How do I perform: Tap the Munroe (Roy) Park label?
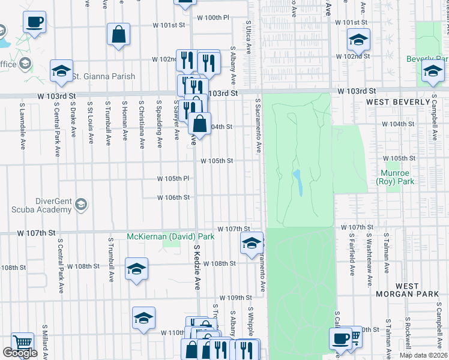coord(397,177)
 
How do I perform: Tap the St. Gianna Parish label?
coord(103,76)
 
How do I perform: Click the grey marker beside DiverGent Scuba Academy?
coord(80,206)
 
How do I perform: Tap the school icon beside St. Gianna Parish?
coord(61,70)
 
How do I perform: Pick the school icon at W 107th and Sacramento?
coord(252,242)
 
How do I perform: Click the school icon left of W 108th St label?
coord(137,268)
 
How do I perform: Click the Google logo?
coord(20,353)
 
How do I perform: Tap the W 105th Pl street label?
coord(173,178)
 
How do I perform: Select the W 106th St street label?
coord(173,197)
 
